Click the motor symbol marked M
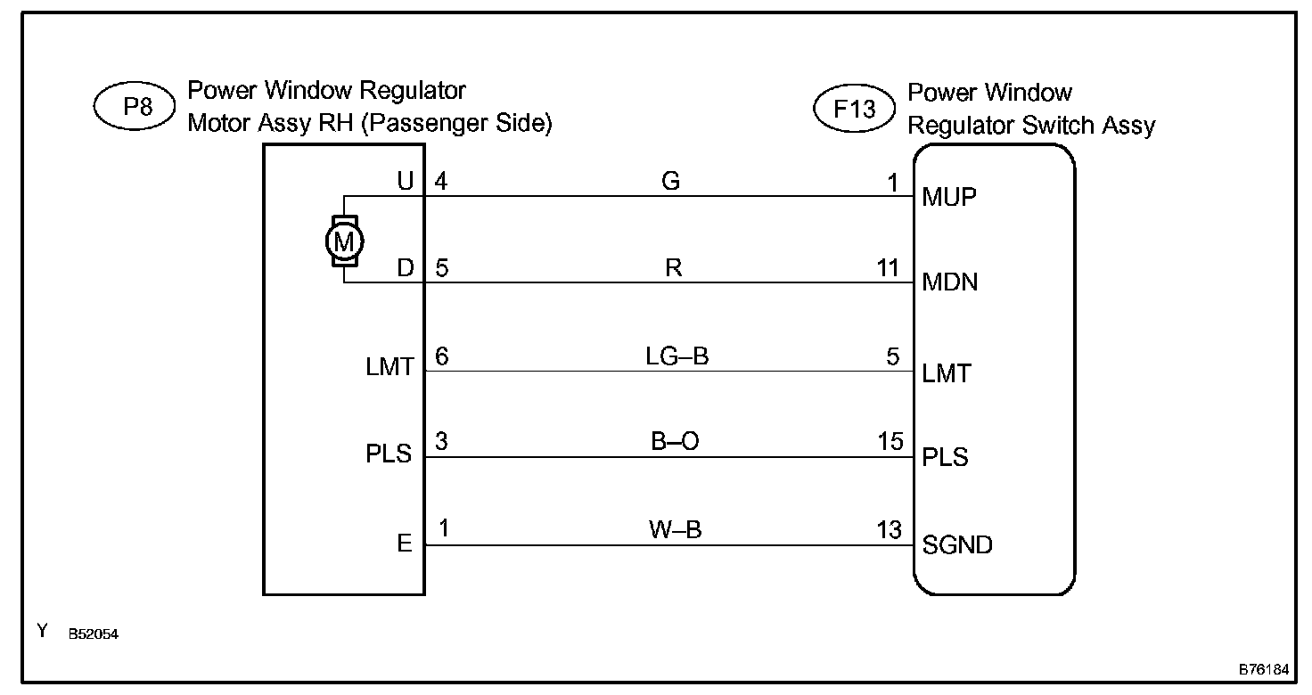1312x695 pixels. coord(343,240)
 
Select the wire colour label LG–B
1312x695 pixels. coord(676,356)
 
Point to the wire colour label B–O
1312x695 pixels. coord(675,443)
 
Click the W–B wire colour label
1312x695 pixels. coord(674,530)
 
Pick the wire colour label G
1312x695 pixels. coord(671,182)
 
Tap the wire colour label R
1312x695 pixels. coord(673,268)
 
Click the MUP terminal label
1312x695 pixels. coord(949,197)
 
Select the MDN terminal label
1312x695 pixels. coord(950,282)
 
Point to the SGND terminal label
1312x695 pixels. coord(957,544)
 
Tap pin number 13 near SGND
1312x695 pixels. coord(890,530)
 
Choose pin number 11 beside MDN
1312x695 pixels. coord(889,268)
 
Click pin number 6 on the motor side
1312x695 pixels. coord(442,356)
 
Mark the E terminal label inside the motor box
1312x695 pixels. coord(405,544)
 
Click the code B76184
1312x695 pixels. coord(1264,668)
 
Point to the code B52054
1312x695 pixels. coord(94,634)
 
